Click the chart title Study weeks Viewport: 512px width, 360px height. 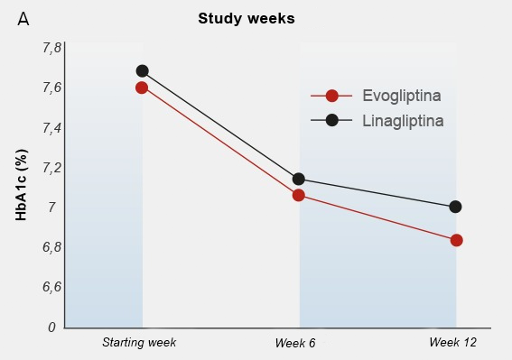pyautogui.click(x=247, y=19)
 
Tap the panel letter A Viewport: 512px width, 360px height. pyautogui.click(x=23, y=19)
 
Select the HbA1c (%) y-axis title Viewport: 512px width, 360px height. pyautogui.click(x=22, y=185)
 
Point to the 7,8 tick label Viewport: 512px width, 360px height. pyautogui.click(x=51, y=49)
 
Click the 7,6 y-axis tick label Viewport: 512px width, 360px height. pyautogui.click(x=51, y=88)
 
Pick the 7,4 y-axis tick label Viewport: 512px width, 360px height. pyautogui.click(x=51, y=128)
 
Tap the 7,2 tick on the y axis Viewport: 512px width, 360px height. pyautogui.click(x=51, y=168)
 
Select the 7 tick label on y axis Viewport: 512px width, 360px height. pyautogui.click(x=51, y=208)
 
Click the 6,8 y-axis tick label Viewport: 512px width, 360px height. pyautogui.click(x=51, y=247)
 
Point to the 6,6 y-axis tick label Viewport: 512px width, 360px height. pyautogui.click(x=51, y=287)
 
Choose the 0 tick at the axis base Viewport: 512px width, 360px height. pyautogui.click(x=51, y=327)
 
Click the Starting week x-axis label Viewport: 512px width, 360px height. pyautogui.click(x=139, y=342)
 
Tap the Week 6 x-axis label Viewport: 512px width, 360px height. pyautogui.click(x=295, y=343)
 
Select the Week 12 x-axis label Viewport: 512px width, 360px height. pyautogui.click(x=453, y=342)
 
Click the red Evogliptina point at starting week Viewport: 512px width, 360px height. pyautogui.click(x=142, y=88)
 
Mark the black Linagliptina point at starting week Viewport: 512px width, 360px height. pyautogui.click(x=142, y=70)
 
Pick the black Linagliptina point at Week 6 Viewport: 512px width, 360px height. pyautogui.click(x=299, y=179)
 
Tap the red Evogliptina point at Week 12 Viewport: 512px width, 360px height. pyautogui.click(x=457, y=241)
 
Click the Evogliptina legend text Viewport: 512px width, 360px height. pyautogui.click(x=402, y=96)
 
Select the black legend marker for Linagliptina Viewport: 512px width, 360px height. pyautogui.click(x=331, y=120)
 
